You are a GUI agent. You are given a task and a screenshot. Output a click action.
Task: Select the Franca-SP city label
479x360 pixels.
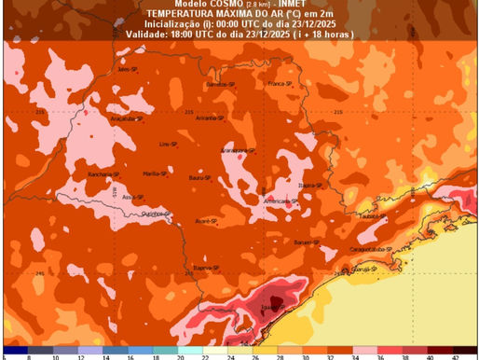coord(280,84)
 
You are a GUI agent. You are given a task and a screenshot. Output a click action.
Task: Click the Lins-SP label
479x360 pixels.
coord(168,145)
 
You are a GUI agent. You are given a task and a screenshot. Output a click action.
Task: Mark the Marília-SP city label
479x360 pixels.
coord(155,173)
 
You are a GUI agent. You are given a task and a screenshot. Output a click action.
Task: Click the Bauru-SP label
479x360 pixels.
coord(197,176)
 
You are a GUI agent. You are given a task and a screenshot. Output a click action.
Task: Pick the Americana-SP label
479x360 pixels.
coord(281,201)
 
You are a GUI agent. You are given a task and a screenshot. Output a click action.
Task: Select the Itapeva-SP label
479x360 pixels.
coord(205,268)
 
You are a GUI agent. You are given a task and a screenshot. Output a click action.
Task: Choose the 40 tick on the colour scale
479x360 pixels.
coord(429,355)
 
